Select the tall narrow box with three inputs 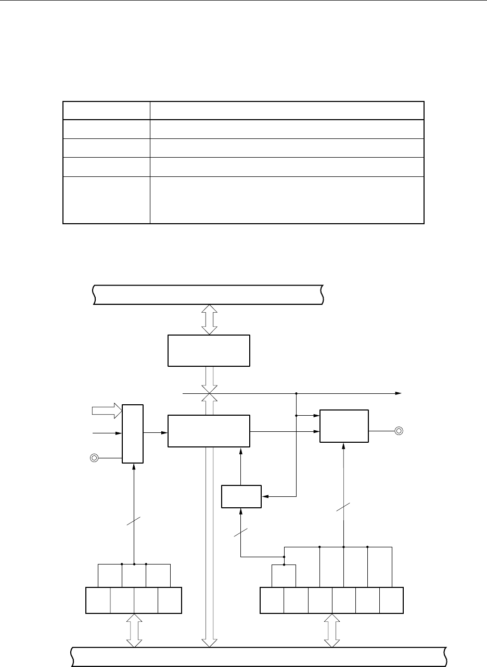(132, 433)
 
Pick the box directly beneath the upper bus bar (209, 351)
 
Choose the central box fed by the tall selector (209, 430)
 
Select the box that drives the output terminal (344, 426)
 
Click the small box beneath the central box (241, 496)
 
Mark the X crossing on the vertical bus (209, 394)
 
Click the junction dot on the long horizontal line (296, 394)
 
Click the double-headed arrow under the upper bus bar (209, 320)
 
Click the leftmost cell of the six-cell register (272, 599)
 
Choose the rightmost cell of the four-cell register (170, 599)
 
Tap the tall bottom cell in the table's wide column (287, 200)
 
